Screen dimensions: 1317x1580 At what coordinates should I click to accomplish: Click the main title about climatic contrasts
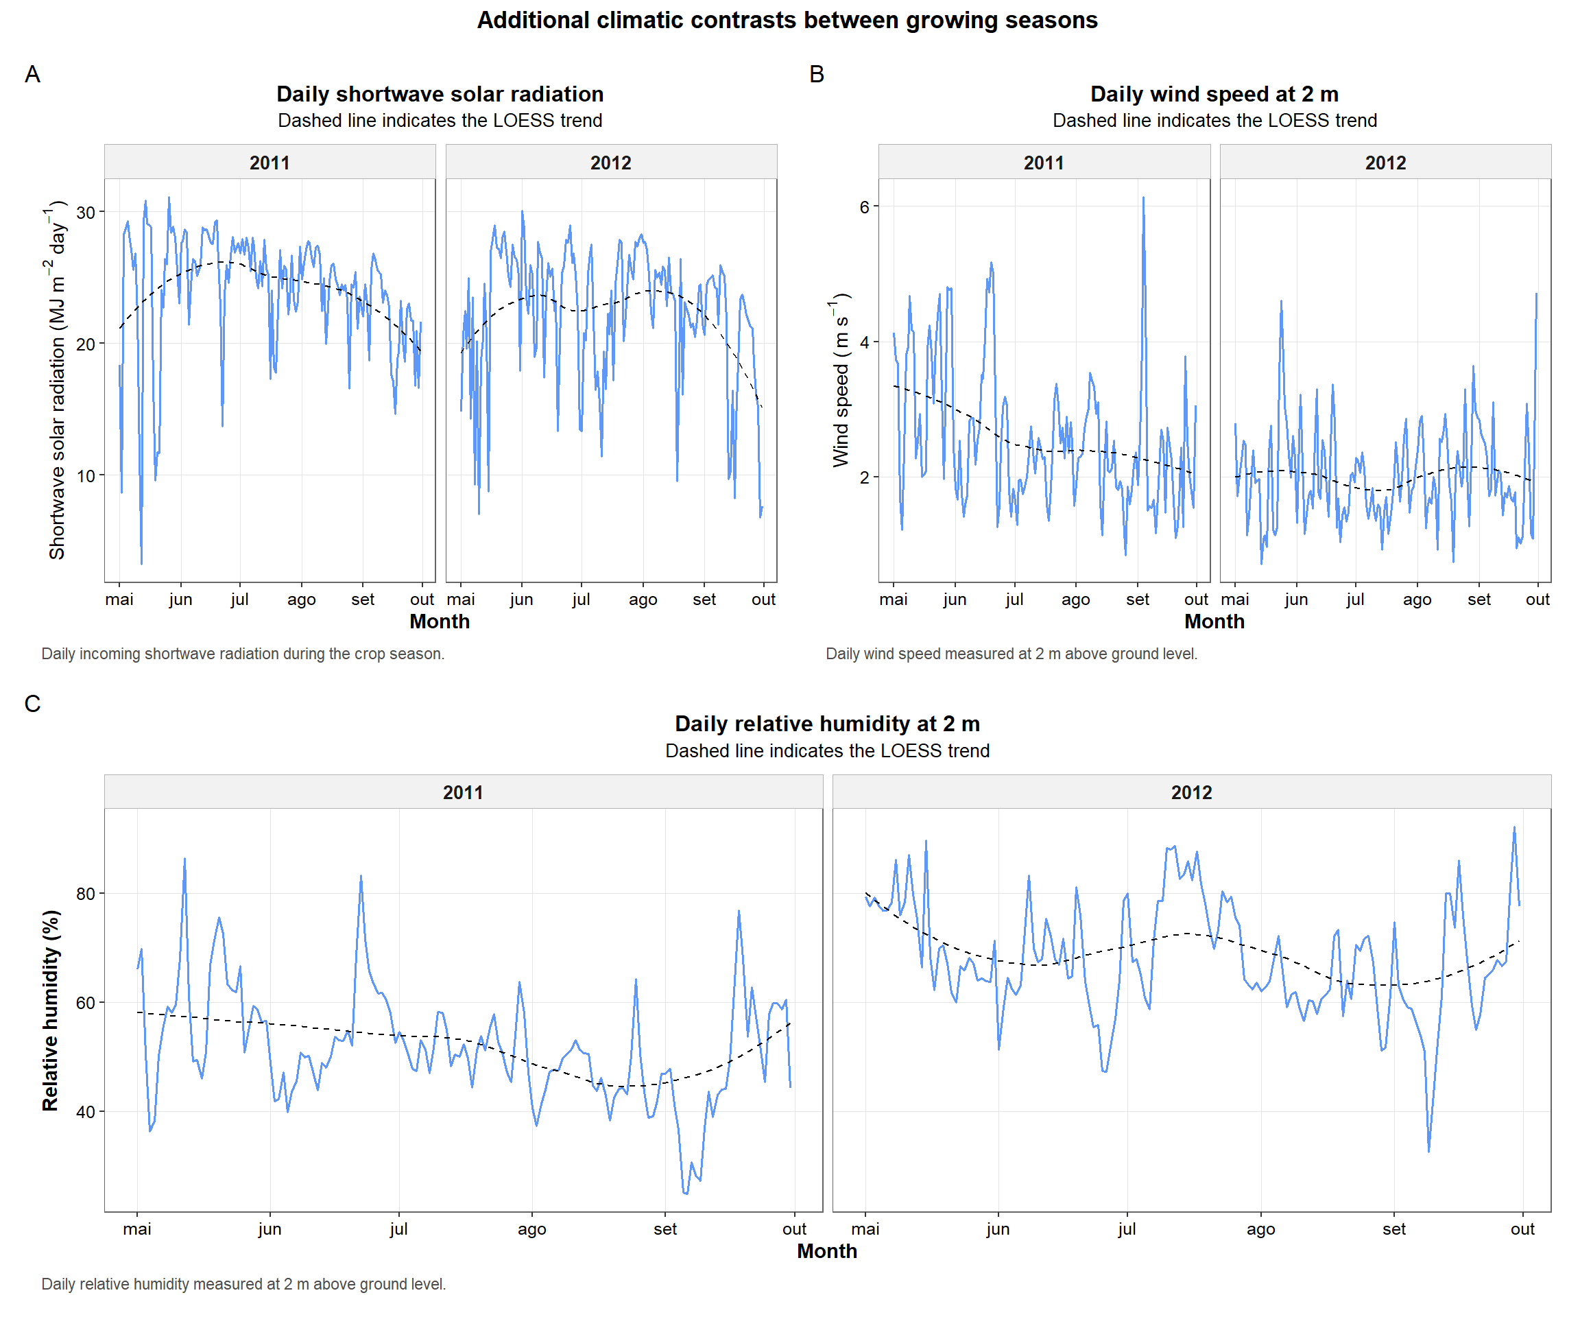point(787,21)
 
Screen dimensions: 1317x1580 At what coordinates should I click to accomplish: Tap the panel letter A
point(32,75)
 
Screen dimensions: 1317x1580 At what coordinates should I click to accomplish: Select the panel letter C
point(32,704)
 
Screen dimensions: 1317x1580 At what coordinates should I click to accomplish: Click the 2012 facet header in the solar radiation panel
point(610,163)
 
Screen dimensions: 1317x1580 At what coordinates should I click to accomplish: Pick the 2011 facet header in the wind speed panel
point(1044,163)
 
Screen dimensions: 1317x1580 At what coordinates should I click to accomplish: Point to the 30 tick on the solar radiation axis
point(86,212)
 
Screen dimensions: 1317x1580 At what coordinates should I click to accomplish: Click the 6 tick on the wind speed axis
point(865,207)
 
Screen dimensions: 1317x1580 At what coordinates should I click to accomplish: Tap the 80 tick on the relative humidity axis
point(86,894)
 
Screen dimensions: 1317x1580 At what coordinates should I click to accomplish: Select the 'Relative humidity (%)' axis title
point(51,1010)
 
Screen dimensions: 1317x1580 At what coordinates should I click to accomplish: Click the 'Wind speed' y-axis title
point(841,380)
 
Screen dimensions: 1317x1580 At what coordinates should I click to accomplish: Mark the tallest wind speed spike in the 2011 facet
point(1143,200)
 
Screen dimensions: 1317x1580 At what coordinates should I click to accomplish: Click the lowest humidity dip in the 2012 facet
point(1428,1150)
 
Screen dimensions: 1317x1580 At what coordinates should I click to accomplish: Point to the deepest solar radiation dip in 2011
point(141,561)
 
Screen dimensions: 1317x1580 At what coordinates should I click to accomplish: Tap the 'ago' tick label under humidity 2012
point(1260,1229)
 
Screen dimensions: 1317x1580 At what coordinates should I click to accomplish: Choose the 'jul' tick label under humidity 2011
point(398,1229)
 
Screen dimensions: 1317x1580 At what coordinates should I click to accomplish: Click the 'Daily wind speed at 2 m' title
point(1214,94)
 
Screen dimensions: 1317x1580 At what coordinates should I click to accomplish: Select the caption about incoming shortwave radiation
point(242,654)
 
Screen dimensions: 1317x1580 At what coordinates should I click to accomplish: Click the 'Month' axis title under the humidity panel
point(827,1250)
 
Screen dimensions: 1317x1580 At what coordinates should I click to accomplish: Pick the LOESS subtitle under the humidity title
point(827,751)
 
